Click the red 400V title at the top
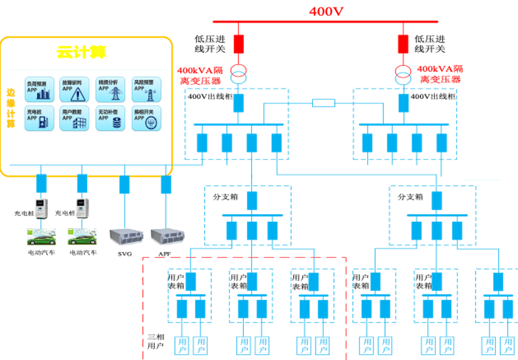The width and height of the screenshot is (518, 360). pyautogui.click(x=326, y=11)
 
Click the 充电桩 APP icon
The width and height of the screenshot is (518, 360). pyautogui.click(x=39, y=119)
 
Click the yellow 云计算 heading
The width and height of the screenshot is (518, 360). pyautogui.click(x=82, y=53)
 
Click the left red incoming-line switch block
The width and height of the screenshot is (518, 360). pyautogui.click(x=239, y=43)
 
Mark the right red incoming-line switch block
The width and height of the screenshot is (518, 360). pyautogui.click(x=403, y=43)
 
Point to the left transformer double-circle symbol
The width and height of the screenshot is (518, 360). pyautogui.click(x=239, y=73)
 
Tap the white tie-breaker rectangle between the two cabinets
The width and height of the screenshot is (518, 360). pyautogui.click(x=324, y=103)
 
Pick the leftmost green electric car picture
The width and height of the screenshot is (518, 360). pyautogui.click(x=42, y=236)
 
